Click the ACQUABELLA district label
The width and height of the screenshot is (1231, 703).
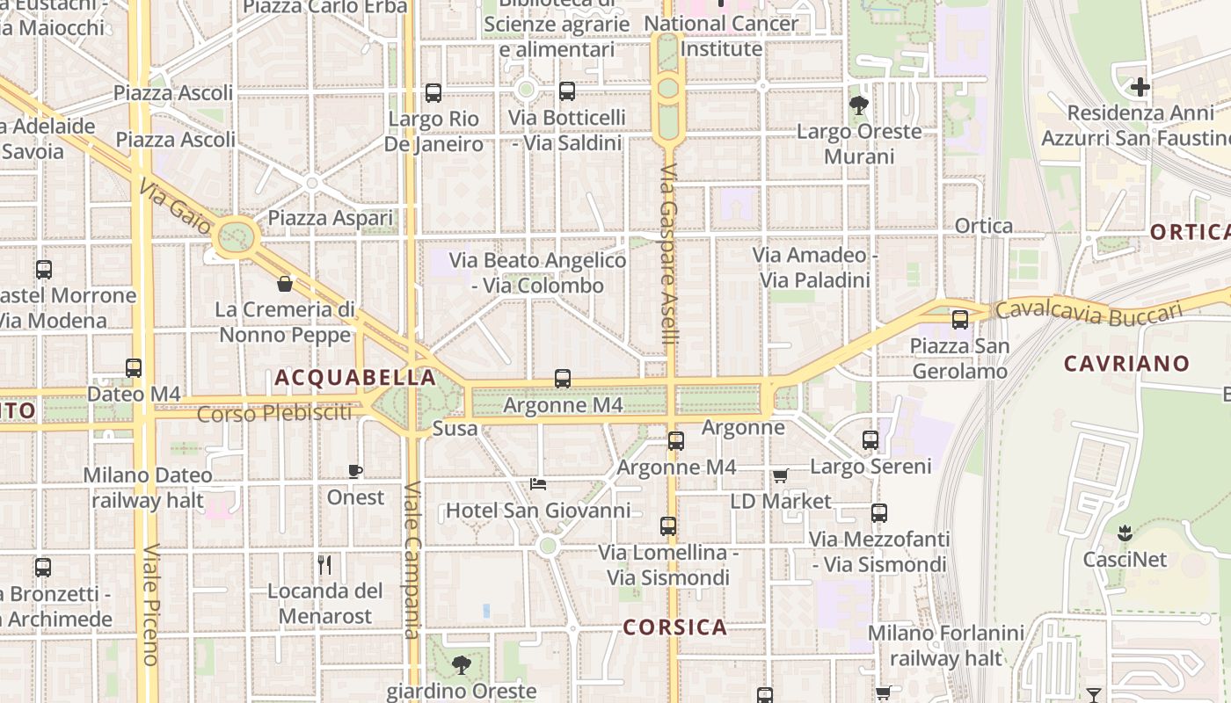click(x=355, y=378)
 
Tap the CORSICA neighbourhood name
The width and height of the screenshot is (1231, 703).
click(x=675, y=627)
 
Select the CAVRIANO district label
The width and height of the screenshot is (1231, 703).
click(x=1126, y=363)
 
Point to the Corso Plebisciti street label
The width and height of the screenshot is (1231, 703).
click(x=274, y=413)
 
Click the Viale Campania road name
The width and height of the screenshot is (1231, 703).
click(x=412, y=560)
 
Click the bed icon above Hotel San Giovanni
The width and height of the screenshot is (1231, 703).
click(x=538, y=483)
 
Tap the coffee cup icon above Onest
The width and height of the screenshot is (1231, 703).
click(x=355, y=472)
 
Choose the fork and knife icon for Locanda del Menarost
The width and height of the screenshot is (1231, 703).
click(x=324, y=564)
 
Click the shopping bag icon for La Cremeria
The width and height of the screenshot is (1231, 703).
click(x=285, y=284)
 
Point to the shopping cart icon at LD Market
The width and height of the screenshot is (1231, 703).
click(x=780, y=475)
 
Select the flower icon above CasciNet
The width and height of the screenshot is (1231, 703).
click(x=1124, y=533)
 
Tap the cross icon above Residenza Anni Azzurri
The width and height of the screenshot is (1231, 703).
click(x=1140, y=87)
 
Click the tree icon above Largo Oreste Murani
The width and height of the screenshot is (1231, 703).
click(x=859, y=105)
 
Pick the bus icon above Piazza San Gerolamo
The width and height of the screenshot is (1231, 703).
click(x=959, y=320)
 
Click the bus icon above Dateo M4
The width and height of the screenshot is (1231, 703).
click(x=134, y=368)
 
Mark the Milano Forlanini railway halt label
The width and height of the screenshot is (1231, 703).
click(x=945, y=645)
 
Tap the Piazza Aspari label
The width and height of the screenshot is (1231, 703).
click(x=331, y=218)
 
